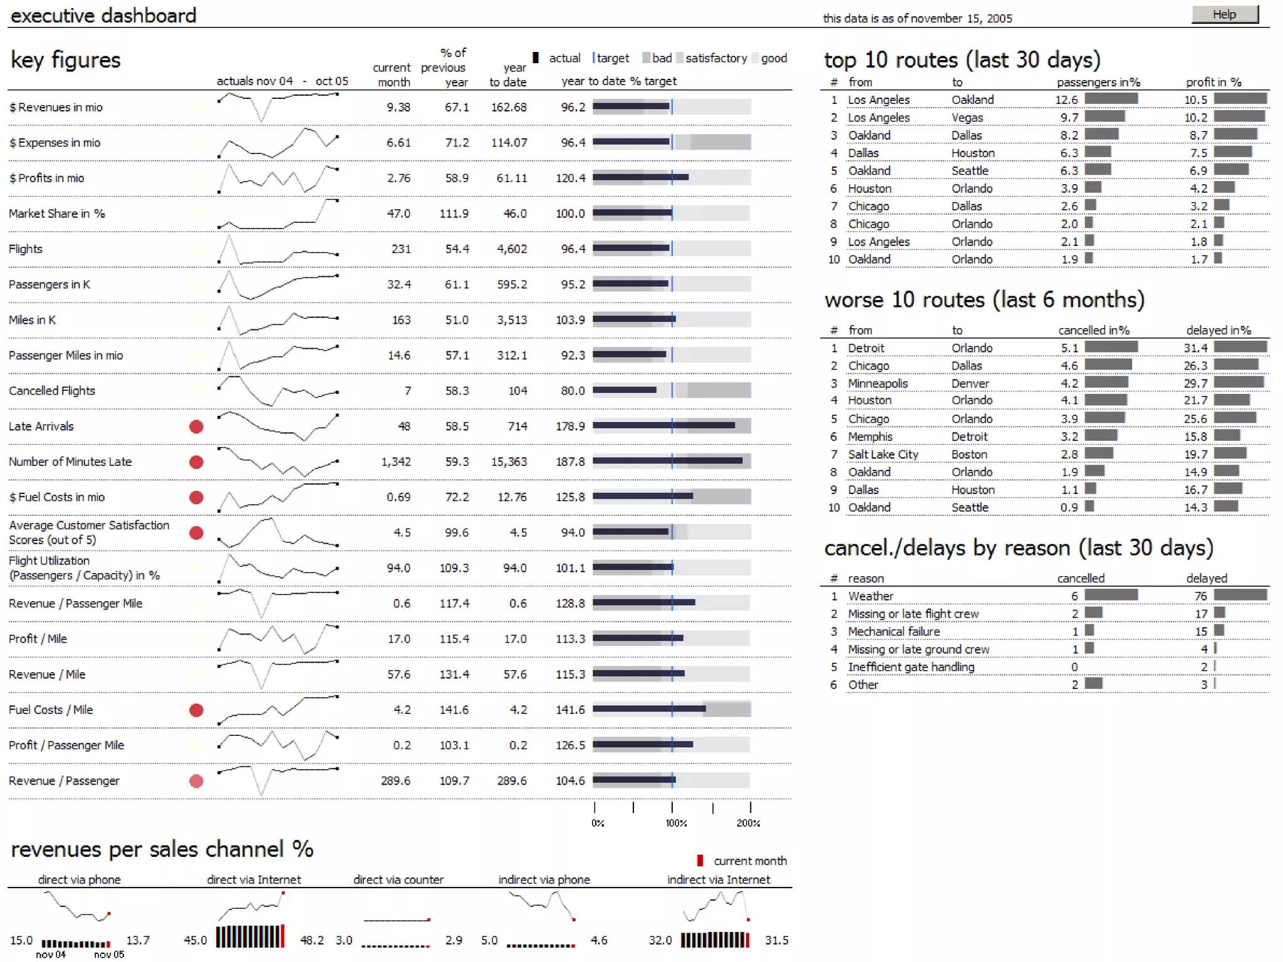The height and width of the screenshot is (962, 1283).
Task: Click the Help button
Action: tap(1224, 14)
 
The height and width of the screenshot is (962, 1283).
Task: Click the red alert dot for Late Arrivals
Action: tap(196, 427)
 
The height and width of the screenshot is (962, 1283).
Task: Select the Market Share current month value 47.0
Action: tap(398, 214)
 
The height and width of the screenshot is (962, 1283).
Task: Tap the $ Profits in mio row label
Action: tap(47, 178)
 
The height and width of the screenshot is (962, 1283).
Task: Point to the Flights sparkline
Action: tap(278, 249)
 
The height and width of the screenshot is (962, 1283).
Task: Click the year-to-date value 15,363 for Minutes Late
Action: tap(509, 462)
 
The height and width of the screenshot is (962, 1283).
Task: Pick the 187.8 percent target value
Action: tap(570, 462)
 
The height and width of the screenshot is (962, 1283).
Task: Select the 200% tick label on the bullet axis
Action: tap(748, 823)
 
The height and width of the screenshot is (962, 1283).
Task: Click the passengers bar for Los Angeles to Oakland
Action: tap(1111, 99)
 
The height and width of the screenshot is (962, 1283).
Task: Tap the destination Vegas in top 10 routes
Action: tap(967, 117)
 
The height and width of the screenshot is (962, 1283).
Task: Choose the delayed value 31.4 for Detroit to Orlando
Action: tap(1195, 348)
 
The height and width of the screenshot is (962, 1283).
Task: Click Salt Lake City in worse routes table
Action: tap(883, 454)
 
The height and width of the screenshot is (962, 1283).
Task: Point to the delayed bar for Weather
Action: tap(1240, 595)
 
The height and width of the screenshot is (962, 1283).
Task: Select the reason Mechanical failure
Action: tap(893, 631)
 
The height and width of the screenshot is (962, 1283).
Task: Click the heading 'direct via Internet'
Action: tap(254, 879)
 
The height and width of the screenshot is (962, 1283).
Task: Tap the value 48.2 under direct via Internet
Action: tap(311, 940)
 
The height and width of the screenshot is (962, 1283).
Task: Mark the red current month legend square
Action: tap(700, 861)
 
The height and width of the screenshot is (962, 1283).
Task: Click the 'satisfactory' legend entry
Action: tap(715, 58)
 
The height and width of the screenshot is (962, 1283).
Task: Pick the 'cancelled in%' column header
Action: tap(1093, 330)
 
